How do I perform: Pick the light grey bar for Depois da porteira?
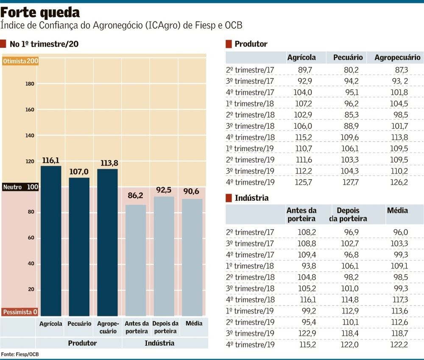pyautogui.click(x=164, y=256)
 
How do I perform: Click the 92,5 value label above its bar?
pyautogui.click(x=164, y=190)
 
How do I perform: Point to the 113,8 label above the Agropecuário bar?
pyautogui.click(x=107, y=163)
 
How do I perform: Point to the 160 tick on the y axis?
pyautogui.click(x=30, y=110)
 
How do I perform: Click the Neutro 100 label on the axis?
pyautogui.click(x=20, y=187)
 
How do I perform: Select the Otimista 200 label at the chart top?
pyautogui.click(x=20, y=61)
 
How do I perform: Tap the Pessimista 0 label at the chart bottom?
pyautogui.click(x=20, y=312)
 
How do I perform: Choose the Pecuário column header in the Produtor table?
pyautogui.click(x=348, y=58)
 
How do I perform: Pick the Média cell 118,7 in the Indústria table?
pyautogui.click(x=399, y=334)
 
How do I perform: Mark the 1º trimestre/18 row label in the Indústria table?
pyautogui.click(x=250, y=266)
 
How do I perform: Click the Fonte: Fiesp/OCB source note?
pyautogui.click(x=17, y=354)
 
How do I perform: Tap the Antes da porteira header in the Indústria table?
pyautogui.click(x=301, y=214)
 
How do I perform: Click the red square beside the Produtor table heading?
pyautogui.click(x=229, y=44)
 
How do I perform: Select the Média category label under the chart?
pyautogui.click(x=194, y=323)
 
